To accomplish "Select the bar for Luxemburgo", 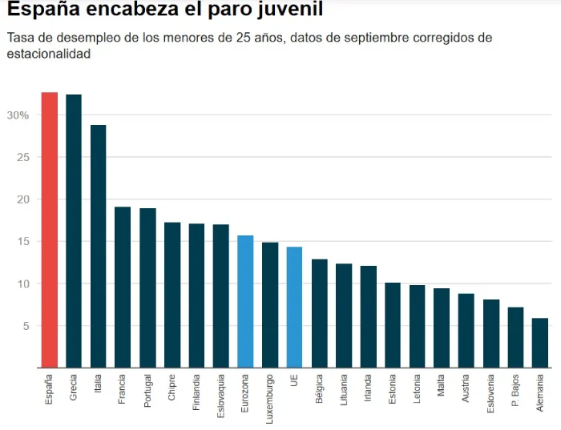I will coord(270,304).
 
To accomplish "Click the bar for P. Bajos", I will coord(515,337).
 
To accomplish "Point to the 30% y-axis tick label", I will coord(18,115).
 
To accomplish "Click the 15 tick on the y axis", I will coord(22,242).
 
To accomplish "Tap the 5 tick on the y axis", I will coord(25,326).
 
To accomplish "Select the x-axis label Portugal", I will coord(147,391).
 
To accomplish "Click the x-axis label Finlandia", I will coord(196,392).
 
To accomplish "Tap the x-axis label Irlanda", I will coord(368,389).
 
